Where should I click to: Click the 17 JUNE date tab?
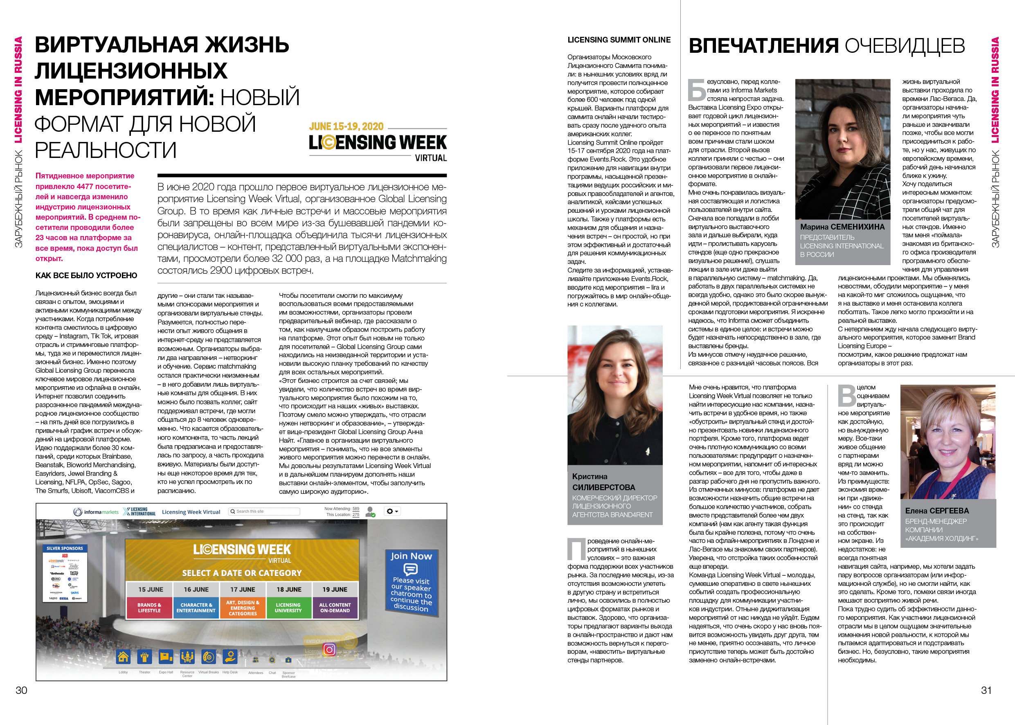(x=242, y=589)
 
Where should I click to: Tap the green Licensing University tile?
(x=288, y=608)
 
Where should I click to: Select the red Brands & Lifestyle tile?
(x=149, y=608)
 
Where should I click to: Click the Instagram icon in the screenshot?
(x=329, y=649)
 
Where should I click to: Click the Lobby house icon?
(x=123, y=657)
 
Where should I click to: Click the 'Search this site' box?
(x=264, y=511)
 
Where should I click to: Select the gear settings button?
(x=392, y=511)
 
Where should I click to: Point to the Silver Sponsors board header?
(x=65, y=548)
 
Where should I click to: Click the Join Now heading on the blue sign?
(x=411, y=556)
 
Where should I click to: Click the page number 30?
(x=21, y=690)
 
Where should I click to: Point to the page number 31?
(x=986, y=690)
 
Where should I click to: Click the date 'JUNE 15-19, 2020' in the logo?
(x=347, y=127)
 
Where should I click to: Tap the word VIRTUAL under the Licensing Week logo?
(x=431, y=158)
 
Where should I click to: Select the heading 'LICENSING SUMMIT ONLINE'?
(x=619, y=40)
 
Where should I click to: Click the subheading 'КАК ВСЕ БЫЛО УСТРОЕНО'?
(x=86, y=275)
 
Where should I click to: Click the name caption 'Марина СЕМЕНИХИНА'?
(x=842, y=227)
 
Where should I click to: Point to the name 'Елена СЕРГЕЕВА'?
(x=937, y=511)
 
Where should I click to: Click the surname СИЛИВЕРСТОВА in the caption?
(x=603, y=487)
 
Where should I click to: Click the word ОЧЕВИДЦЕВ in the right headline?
(x=905, y=46)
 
